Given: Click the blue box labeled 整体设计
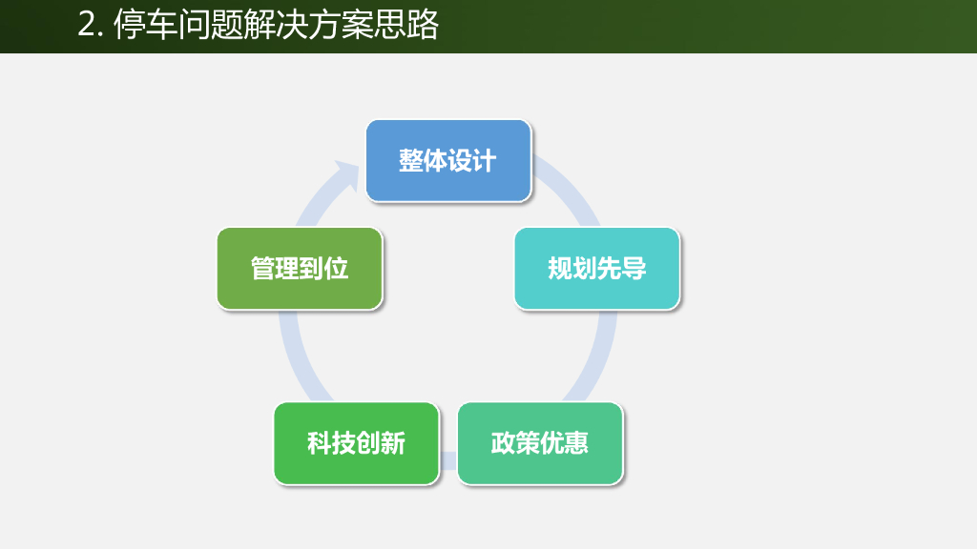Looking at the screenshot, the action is (448, 160).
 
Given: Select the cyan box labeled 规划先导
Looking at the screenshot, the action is (597, 268).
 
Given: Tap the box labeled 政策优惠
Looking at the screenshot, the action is (540, 443).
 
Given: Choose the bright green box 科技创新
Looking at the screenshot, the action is (356, 443).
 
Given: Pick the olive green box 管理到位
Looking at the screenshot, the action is (300, 268).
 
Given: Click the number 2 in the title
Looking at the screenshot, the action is (87, 26).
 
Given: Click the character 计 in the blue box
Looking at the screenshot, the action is (485, 160).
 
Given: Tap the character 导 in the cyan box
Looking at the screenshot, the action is (634, 268).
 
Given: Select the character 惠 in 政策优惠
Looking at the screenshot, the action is (576, 443).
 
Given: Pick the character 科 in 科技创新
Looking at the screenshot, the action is (320, 443).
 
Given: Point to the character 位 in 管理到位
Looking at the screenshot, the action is (337, 268).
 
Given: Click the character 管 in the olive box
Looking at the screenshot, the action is (263, 268).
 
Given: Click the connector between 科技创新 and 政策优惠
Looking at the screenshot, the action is (448, 461).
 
